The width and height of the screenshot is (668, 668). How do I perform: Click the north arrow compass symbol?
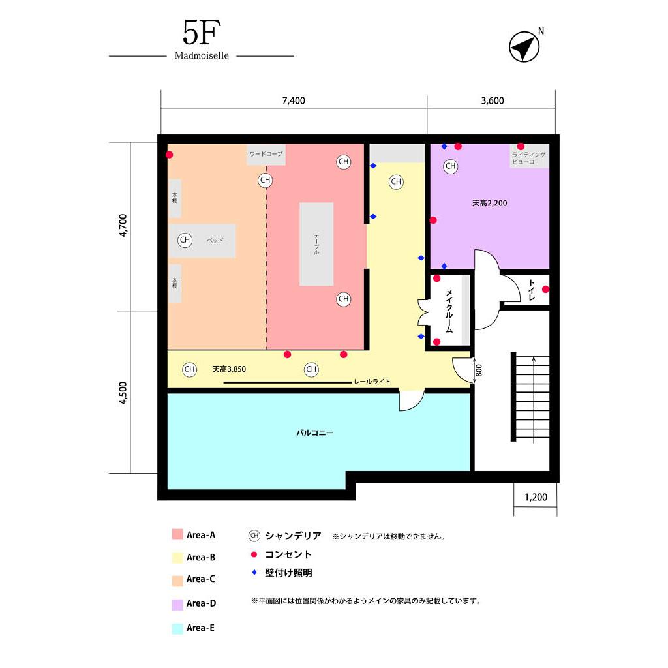(x=524, y=48)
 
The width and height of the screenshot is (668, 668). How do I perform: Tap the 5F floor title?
(x=201, y=33)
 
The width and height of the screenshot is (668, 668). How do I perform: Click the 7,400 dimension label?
(x=294, y=100)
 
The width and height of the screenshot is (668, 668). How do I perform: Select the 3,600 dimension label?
(x=492, y=100)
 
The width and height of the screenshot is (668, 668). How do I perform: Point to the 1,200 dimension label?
(x=536, y=498)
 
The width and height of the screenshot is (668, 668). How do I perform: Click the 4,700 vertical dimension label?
(x=123, y=226)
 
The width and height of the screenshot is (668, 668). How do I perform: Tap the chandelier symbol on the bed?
(x=185, y=240)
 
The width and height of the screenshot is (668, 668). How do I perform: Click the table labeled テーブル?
(x=316, y=244)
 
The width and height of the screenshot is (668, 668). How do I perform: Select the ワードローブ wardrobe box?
(x=266, y=155)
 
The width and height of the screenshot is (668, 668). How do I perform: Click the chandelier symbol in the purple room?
(x=450, y=166)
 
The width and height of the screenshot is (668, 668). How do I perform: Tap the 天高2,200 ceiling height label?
(x=489, y=203)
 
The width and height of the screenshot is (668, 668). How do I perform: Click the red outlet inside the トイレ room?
(x=545, y=289)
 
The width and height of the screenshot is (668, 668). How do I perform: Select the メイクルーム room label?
(x=449, y=311)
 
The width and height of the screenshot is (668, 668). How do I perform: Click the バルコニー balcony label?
(x=314, y=432)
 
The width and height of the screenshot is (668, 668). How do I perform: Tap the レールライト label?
(x=372, y=382)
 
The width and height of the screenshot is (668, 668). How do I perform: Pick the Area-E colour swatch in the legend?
(x=177, y=628)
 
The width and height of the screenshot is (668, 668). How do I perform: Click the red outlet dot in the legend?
(x=254, y=554)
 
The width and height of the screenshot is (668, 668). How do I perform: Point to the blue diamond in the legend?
(x=254, y=573)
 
